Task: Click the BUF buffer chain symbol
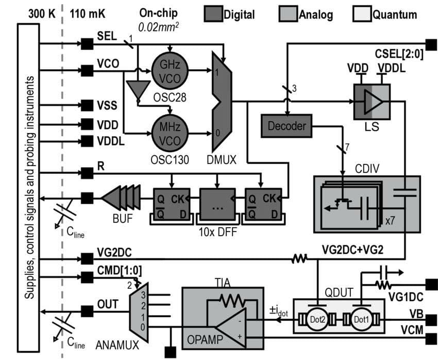click(121, 198)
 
